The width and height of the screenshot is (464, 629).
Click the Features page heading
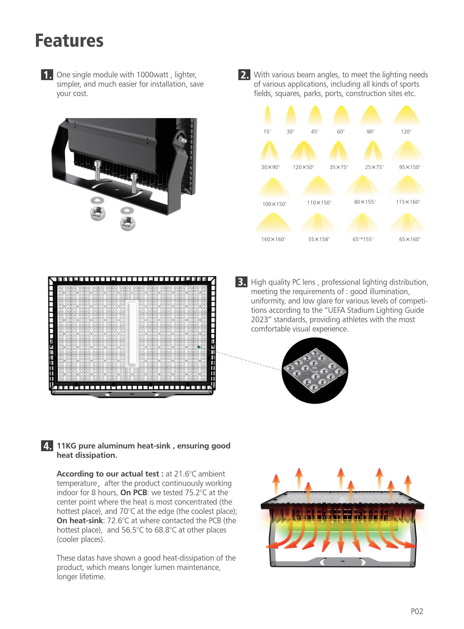[69, 41]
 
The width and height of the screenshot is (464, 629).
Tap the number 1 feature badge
[47, 75]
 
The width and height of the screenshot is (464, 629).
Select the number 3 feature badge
[241, 282]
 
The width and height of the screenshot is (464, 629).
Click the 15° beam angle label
[267, 132]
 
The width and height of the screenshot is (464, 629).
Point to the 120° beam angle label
[406, 132]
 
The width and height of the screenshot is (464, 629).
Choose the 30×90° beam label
[271, 167]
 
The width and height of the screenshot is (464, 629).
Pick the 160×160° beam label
[273, 239]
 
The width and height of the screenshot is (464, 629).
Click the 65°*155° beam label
[363, 239]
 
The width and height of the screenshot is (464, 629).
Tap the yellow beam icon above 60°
[341, 115]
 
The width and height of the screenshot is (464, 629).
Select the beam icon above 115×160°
[407, 186]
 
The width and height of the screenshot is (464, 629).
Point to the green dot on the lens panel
[199, 347]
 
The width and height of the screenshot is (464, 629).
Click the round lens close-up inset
[315, 371]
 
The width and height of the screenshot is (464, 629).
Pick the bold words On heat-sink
[80, 521]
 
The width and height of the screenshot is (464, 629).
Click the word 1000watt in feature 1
[152, 75]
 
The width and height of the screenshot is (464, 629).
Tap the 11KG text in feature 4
[67, 446]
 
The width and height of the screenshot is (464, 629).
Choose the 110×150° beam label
[319, 203]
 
